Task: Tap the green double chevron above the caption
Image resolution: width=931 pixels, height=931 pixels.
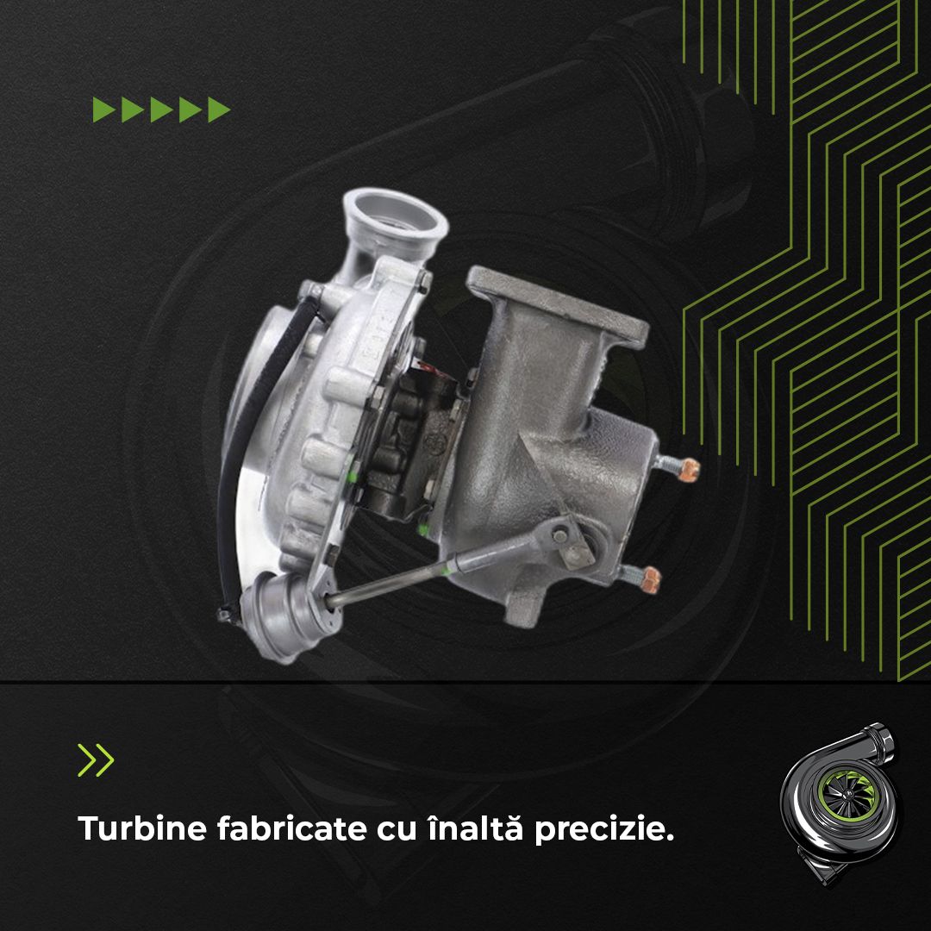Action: [96, 759]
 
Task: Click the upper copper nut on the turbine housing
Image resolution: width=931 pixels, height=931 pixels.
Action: [689, 470]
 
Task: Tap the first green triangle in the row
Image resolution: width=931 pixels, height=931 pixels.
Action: [104, 109]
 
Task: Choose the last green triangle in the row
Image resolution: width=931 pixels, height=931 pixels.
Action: [219, 109]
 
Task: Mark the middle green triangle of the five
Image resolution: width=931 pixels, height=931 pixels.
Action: [161, 109]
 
